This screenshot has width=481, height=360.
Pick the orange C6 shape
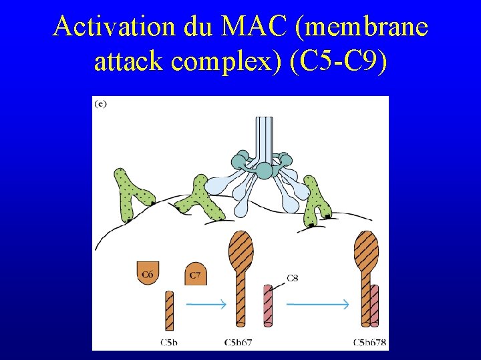pyautogui.click(x=147, y=273)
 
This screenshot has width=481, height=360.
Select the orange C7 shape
pyautogui.click(x=195, y=273)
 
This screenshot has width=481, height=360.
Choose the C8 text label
pyautogui.click(x=293, y=277)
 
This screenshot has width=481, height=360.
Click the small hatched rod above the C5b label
pyautogui.click(x=169, y=310)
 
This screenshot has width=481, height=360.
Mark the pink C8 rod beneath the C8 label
pyautogui.click(x=268, y=305)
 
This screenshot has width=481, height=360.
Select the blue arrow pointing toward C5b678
pyautogui.click(x=317, y=304)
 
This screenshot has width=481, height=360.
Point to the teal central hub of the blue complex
pyautogui.click(x=265, y=171)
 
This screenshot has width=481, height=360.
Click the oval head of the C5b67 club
pyautogui.click(x=240, y=248)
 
